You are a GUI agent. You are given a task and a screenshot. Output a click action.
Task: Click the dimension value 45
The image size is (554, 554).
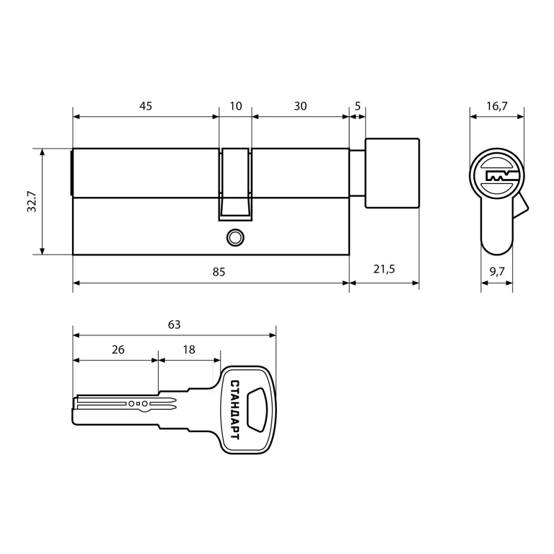[146, 106]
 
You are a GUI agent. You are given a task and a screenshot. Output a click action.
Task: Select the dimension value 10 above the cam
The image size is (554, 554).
[236, 106]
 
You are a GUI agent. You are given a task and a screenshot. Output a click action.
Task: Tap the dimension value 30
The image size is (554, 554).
[300, 106]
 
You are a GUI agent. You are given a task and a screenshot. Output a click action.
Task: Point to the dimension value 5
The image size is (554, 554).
[358, 106]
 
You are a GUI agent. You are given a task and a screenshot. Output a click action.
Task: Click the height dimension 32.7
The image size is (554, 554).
[32, 201]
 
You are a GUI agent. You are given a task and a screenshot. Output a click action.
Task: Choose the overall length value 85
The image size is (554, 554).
[219, 272]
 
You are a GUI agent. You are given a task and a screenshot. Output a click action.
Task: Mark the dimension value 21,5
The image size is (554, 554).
[384, 269]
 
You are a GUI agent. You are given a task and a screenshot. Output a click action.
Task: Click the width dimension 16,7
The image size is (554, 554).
[497, 106]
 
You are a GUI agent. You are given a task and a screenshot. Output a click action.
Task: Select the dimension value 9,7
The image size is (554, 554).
[497, 271]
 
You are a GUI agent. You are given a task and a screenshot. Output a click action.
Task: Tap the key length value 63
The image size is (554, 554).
[174, 325]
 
